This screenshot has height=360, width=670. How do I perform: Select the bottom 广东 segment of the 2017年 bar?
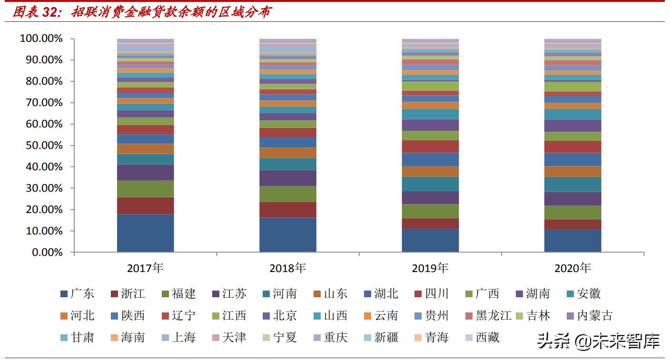point(145,233)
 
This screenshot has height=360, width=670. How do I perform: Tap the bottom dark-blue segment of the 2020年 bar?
point(572,240)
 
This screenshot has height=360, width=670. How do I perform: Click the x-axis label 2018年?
point(287,268)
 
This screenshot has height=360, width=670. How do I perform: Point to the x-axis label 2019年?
point(430,268)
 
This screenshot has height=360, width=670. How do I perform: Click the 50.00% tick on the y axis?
point(41,145)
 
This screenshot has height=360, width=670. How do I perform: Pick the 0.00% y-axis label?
point(44,252)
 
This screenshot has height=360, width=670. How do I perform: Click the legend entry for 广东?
point(77,294)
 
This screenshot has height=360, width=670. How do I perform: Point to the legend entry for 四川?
point(431,294)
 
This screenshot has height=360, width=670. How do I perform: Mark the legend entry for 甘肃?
point(77,338)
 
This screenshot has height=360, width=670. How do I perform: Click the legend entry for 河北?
point(77,316)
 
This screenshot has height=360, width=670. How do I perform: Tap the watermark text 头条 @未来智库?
point(599,341)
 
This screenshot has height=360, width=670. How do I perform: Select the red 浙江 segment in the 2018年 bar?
point(287,209)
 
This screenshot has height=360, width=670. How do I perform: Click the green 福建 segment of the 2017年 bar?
point(145,189)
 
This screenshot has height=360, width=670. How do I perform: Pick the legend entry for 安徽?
point(583,294)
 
